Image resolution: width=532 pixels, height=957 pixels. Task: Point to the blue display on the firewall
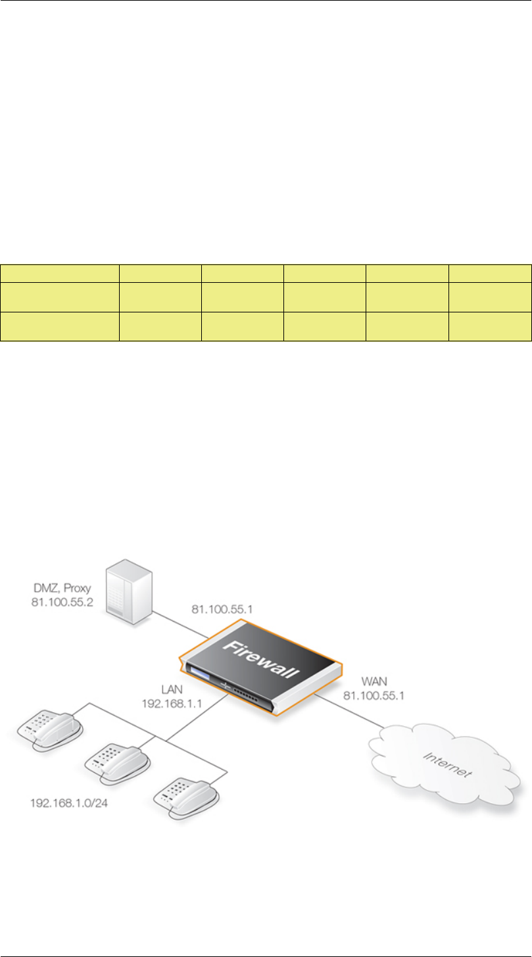(199, 674)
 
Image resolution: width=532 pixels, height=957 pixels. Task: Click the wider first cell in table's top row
(60, 273)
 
